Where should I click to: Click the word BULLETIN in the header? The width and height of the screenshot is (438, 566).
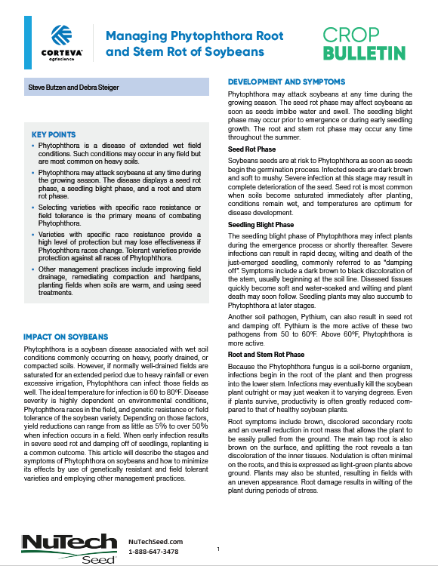point(364,54)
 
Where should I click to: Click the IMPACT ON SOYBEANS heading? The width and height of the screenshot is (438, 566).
point(66,336)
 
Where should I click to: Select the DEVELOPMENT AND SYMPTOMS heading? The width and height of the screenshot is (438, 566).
point(287,82)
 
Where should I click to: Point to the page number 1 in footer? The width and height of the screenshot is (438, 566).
point(217,549)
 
